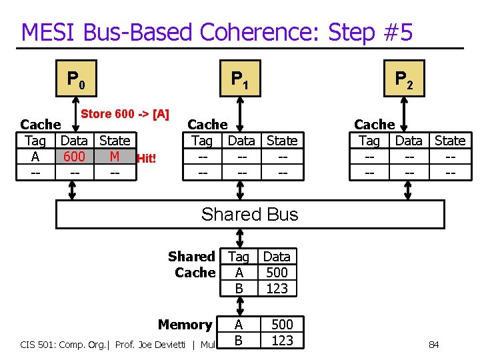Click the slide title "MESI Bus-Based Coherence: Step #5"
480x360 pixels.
[x=217, y=32]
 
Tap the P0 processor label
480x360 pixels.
[x=75, y=80]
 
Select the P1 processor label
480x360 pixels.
[x=240, y=80]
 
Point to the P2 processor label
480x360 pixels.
[x=404, y=80]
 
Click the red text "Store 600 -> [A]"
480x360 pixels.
[x=125, y=114]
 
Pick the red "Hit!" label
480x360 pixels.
[x=146, y=159]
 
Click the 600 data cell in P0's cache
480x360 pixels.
[x=74, y=157]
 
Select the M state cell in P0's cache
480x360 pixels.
[x=114, y=157]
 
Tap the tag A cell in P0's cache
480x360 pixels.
[x=35, y=157]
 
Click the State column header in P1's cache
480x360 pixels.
[x=282, y=141]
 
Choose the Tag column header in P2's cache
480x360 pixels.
[x=369, y=141]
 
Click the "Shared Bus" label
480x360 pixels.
[x=249, y=214]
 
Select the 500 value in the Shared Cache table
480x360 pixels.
[x=277, y=272]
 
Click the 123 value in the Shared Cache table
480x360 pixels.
[x=277, y=288]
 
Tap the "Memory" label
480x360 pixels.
[x=185, y=325]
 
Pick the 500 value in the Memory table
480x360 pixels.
[x=282, y=325]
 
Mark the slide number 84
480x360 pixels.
[x=433, y=345]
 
